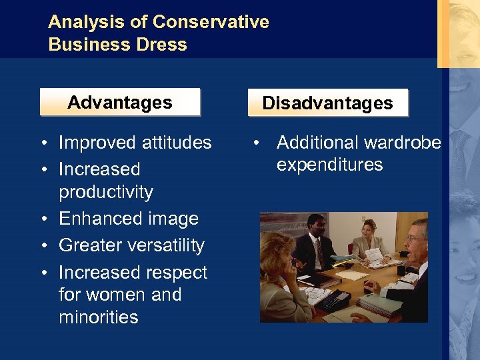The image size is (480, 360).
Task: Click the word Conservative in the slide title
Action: pos(211,22)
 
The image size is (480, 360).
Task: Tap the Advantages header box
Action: pos(120,103)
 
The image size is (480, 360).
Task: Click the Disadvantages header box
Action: pos(327,103)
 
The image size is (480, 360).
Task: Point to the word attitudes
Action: pos(175,143)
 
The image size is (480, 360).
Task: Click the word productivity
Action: pos(106,192)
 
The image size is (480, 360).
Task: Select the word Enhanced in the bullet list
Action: pos(95,219)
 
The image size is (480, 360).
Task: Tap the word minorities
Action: pos(99,317)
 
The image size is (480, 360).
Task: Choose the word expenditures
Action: pos(330,165)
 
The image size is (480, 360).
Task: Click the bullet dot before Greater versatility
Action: pos(42,246)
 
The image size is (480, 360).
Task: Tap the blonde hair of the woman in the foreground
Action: pos(280,253)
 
